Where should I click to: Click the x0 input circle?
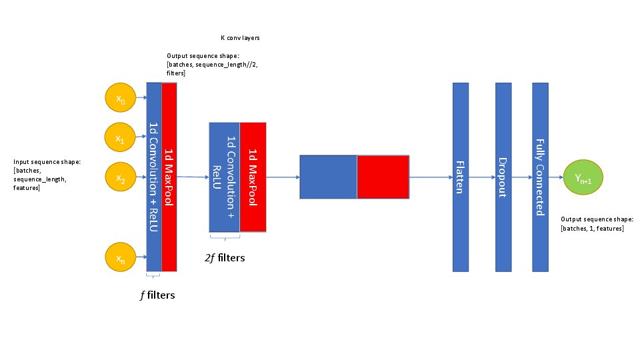pyautogui.click(x=121, y=99)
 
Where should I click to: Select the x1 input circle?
pyautogui.click(x=121, y=139)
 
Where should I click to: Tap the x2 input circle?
pyautogui.click(x=121, y=178)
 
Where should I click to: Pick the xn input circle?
pyautogui.click(x=121, y=257)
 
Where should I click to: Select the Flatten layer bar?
pyautogui.click(x=460, y=177)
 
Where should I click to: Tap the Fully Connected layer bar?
pyautogui.click(x=540, y=177)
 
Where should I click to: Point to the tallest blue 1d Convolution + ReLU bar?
pyautogui.click(x=154, y=177)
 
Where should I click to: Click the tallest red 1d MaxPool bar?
pyautogui.click(x=169, y=177)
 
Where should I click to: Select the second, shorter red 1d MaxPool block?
pyautogui.click(x=253, y=177)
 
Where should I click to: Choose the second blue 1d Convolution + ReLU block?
pyautogui.click(x=225, y=177)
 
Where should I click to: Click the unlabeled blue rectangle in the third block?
pyautogui.click(x=328, y=177)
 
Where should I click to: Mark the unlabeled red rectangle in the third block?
pyautogui.click(x=383, y=177)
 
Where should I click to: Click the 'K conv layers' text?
pyautogui.click(x=239, y=38)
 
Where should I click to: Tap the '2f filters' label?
pyautogui.click(x=225, y=257)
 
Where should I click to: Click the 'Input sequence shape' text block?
pyautogui.click(x=39, y=175)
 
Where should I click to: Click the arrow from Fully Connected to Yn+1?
pyautogui.click(x=556, y=178)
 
